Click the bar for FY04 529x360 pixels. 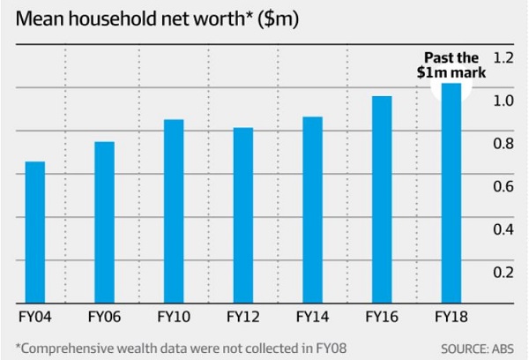coord(34,231)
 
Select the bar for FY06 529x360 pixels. coord(104,221)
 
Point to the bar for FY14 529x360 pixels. coord(313,209)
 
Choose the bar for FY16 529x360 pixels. coord(382,199)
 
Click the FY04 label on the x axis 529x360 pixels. coord(34,315)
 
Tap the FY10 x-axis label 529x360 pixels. coord(174,315)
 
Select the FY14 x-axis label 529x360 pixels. coord(313,315)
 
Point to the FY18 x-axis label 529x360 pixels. coord(451,315)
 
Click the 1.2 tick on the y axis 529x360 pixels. coord(503,57)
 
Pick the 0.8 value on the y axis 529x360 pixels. coord(503,143)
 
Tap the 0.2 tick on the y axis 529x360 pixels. coord(503,272)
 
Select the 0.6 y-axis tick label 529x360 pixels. coord(503,186)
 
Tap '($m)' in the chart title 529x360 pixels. coord(282,18)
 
